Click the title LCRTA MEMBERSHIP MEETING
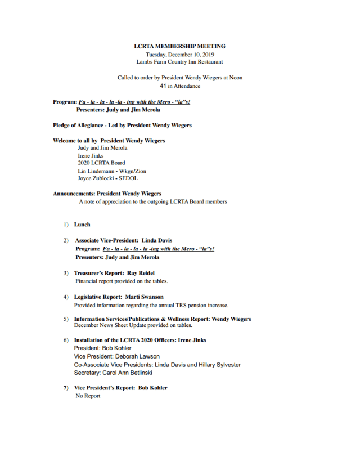point(179,46)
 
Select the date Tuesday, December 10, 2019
point(179,54)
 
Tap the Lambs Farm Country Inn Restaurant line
point(179,62)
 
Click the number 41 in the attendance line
point(163,86)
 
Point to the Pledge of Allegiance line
point(122,125)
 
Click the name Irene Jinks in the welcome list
point(91,155)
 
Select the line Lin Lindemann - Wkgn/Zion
point(112,171)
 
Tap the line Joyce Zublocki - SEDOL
point(107,178)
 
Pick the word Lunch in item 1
point(82,225)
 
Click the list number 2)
point(66,240)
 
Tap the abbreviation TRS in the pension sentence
point(169,306)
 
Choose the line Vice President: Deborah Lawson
point(116,356)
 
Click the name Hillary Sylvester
point(217,365)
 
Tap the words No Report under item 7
point(88,396)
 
